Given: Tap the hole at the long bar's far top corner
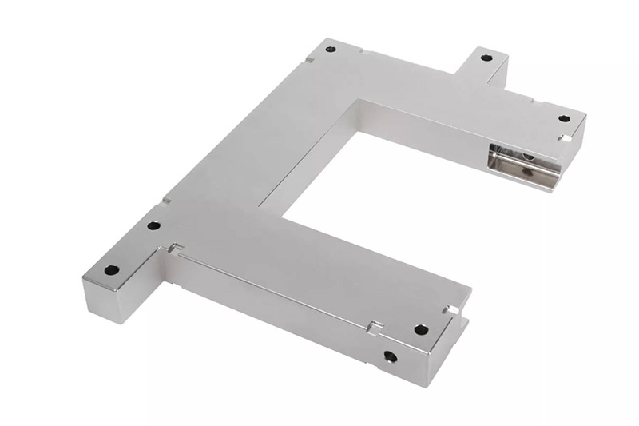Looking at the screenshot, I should tap(331, 50).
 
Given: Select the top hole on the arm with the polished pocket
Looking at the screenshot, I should tap(564, 118).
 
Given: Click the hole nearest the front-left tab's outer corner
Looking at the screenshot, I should tap(112, 270).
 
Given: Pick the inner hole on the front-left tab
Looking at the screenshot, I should tap(153, 225).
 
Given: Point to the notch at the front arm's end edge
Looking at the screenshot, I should tap(453, 309).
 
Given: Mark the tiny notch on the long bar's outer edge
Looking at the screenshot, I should tap(166, 199).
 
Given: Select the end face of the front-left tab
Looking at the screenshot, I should tap(100, 301).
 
